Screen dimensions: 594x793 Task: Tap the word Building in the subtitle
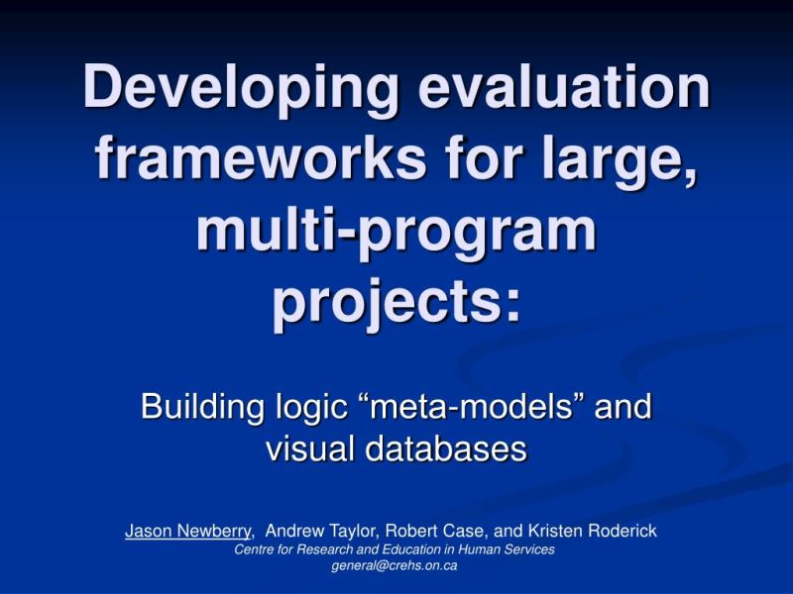pos(198,407)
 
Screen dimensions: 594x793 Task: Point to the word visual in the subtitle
pos(310,448)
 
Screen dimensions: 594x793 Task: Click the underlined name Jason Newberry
pos(187,532)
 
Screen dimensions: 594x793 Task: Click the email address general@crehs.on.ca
pos(395,565)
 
